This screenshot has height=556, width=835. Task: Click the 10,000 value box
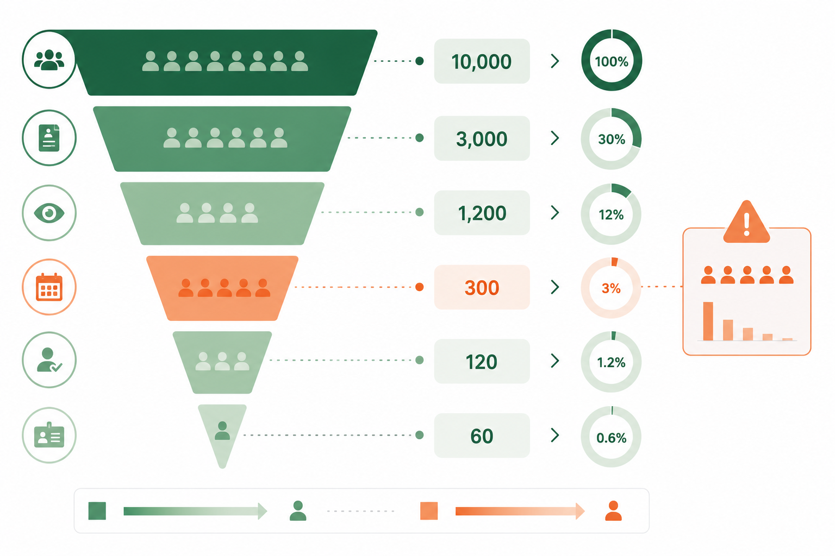[x=482, y=61]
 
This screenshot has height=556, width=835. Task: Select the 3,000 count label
[x=482, y=138]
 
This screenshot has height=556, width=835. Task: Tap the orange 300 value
[x=482, y=287]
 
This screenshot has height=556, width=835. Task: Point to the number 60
[x=482, y=435]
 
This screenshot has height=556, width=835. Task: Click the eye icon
[x=49, y=213]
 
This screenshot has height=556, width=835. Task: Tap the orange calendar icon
[x=49, y=287]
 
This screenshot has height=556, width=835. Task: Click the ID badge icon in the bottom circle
[x=49, y=435]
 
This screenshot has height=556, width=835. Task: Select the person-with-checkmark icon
[x=49, y=360]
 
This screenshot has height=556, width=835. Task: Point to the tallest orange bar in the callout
[x=708, y=321]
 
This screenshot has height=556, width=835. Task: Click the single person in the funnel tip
[x=222, y=431]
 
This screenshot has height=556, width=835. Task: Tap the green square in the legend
[x=97, y=510]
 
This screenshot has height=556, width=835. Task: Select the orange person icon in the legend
[x=613, y=510]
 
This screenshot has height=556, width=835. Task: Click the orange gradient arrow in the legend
[x=520, y=511]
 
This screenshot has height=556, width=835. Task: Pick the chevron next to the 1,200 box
[x=555, y=213]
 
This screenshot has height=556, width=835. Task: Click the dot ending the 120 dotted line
[x=419, y=360]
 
